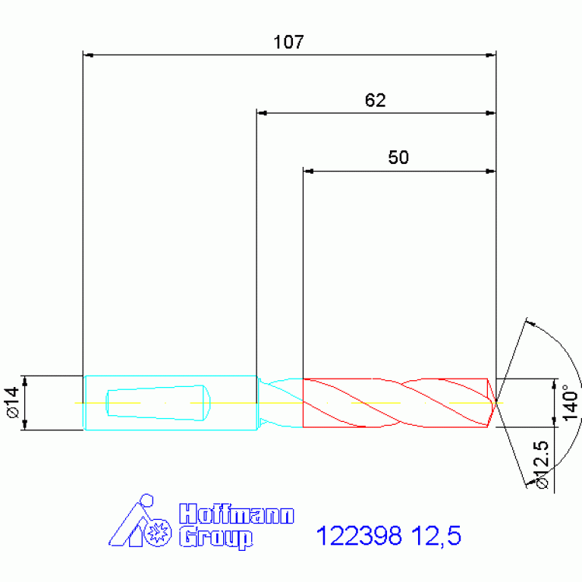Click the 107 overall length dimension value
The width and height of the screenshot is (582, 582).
click(289, 42)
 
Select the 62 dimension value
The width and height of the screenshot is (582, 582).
click(376, 100)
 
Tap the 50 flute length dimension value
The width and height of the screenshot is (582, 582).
click(398, 157)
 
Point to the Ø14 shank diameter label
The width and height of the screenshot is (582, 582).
click(12, 403)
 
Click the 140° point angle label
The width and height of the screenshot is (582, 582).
click(571, 403)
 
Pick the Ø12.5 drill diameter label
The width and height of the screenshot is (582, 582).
click(541, 464)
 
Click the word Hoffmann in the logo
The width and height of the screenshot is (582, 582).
click(237, 514)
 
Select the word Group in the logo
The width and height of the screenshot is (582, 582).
click(216, 537)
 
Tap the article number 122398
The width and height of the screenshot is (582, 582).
click(359, 536)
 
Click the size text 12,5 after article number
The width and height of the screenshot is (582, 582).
click(436, 536)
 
